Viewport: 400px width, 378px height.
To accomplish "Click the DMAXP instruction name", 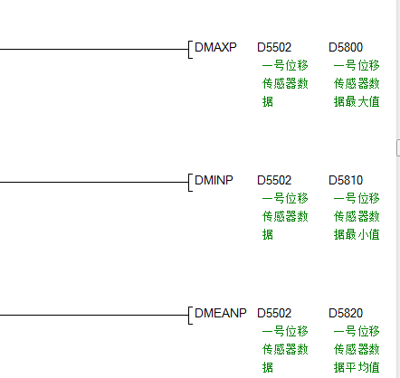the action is pyautogui.click(x=215, y=47).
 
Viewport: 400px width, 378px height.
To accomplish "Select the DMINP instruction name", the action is pyautogui.click(x=214, y=180).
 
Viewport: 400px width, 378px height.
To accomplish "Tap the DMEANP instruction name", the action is pyautogui.click(x=221, y=313).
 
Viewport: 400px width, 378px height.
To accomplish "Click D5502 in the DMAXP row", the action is pyautogui.click(x=274, y=47).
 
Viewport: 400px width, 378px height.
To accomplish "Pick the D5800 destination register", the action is pyautogui.click(x=346, y=47).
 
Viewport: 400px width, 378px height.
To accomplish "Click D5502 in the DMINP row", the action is pyautogui.click(x=274, y=180).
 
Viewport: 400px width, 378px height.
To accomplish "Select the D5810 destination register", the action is pyautogui.click(x=346, y=180).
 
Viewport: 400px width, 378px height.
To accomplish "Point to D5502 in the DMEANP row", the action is pyautogui.click(x=274, y=313).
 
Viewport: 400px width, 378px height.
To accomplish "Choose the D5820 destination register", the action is pyautogui.click(x=346, y=313).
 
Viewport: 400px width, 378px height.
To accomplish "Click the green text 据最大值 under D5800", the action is pyautogui.click(x=357, y=101).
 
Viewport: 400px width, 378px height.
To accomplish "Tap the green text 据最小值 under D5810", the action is pyautogui.click(x=357, y=234).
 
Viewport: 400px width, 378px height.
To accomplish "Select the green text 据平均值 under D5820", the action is pyautogui.click(x=357, y=367).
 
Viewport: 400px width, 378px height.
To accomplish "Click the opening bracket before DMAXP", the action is pyautogui.click(x=189, y=49).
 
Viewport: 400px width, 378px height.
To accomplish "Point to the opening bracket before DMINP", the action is pyautogui.click(x=189, y=182).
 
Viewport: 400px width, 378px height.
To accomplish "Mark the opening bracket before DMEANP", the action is pyautogui.click(x=189, y=316).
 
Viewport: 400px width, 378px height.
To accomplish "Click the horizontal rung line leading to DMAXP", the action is pyautogui.click(x=94, y=49).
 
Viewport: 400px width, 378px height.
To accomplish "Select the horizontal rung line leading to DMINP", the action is pyautogui.click(x=94, y=182).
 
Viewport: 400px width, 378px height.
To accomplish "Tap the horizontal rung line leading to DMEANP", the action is pyautogui.click(x=94, y=316).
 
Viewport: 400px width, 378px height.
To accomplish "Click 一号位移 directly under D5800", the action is pyautogui.click(x=357, y=65).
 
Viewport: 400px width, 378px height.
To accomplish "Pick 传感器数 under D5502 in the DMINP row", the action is pyautogui.click(x=285, y=216).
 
